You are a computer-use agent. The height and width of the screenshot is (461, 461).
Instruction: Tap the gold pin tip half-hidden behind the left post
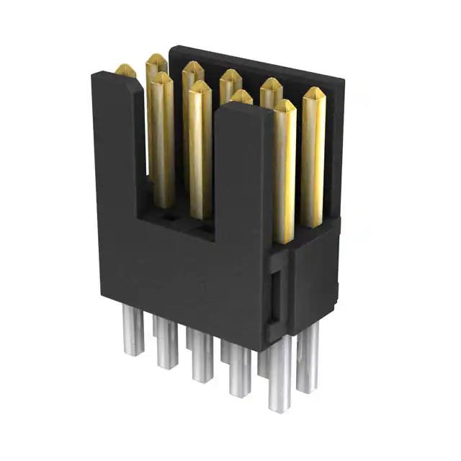pyautogui.click(x=125, y=70)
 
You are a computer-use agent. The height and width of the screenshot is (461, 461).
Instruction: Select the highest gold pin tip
pyautogui.click(x=156, y=61)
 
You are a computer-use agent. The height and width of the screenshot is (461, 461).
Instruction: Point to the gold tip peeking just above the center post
pyautogui.click(x=241, y=96)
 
